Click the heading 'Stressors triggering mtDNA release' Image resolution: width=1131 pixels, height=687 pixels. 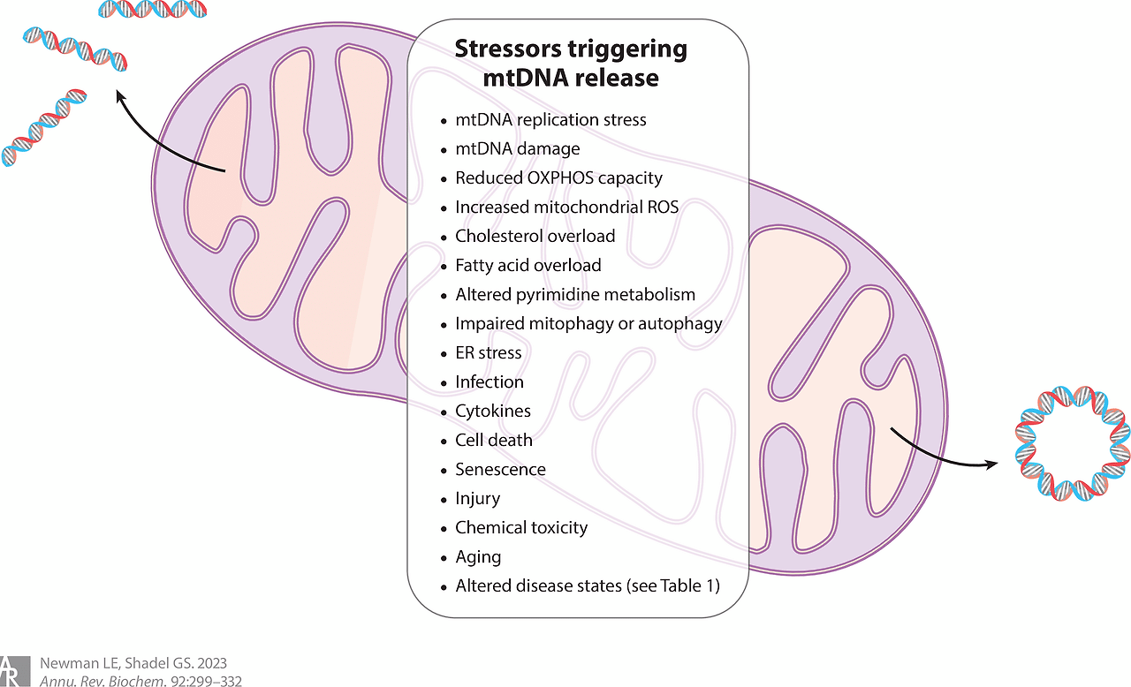coord(570,63)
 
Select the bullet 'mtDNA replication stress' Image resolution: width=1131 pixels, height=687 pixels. coord(550,120)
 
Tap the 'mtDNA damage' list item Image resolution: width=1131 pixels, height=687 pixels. coord(517,149)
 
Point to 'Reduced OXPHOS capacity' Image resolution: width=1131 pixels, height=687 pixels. coord(558,178)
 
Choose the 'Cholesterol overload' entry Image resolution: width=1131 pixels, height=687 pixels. coord(535,237)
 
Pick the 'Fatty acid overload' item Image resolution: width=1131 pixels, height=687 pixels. coord(528,266)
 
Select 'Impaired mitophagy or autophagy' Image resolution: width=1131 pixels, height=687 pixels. coord(588,324)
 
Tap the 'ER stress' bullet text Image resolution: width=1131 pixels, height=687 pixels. coord(488,353)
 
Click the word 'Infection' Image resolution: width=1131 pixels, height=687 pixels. coord(490,382)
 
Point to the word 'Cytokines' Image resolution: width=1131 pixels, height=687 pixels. coord(493,411)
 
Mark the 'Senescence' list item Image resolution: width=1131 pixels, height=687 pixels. coord(500,470)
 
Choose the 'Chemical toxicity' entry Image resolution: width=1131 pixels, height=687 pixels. coord(521,528)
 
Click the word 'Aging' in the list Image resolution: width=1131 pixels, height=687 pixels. coord(478,557)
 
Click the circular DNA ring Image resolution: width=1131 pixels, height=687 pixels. coord(1072,442)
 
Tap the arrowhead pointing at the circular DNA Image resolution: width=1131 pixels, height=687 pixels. coord(991,463)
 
